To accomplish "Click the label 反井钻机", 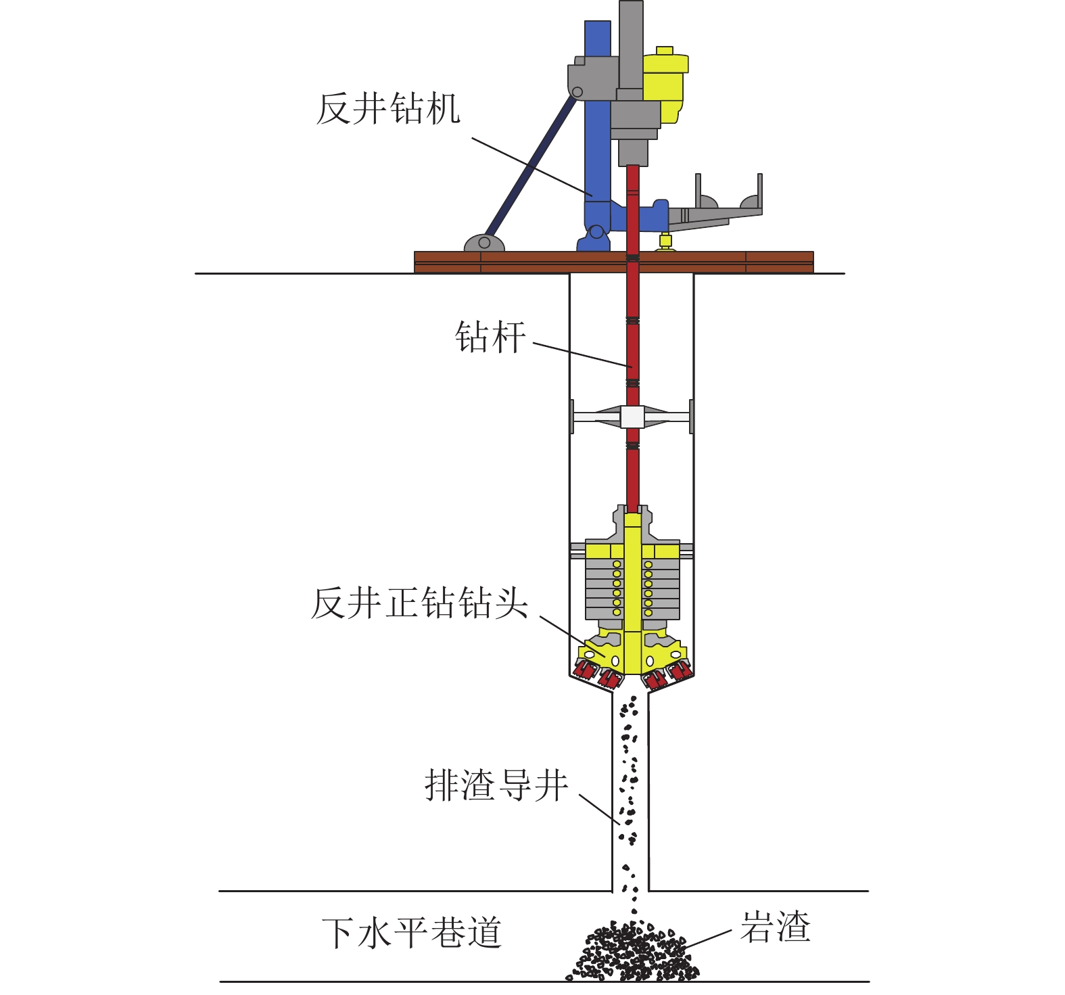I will [388, 108].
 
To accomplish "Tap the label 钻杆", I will [490, 336].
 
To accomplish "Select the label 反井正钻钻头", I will [419, 602].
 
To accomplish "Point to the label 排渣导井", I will [496, 785].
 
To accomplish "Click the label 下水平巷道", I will [412, 933].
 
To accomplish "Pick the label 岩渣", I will [775, 927].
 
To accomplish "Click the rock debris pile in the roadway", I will [632, 954].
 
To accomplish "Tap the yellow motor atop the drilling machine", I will [664, 85].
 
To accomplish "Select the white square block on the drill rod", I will [632, 417].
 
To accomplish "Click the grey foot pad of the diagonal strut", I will [483, 243].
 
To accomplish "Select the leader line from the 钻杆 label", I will [582, 355].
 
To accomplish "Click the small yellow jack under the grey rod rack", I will [665, 241].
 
